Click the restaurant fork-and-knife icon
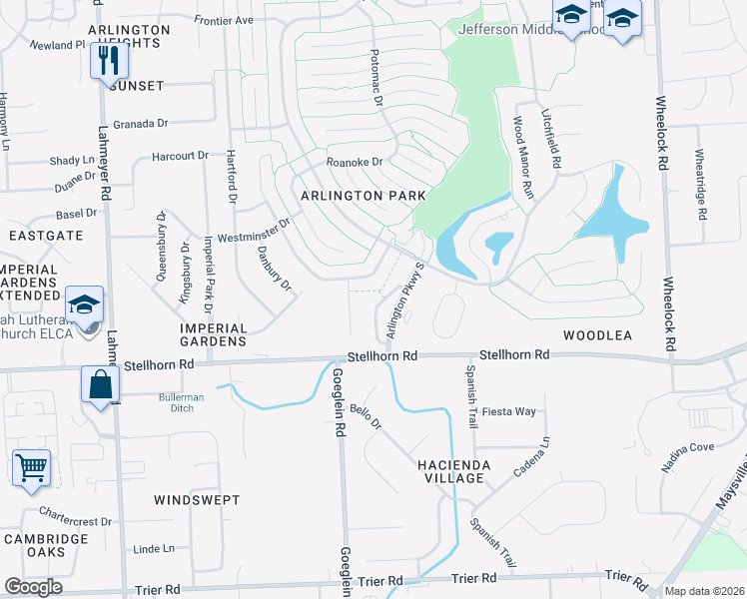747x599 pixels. pos(110,59)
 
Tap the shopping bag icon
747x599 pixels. pos(101,383)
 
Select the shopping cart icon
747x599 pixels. pos(31,466)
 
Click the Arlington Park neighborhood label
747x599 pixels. pos(359,196)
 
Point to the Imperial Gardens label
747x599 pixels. pos(213,334)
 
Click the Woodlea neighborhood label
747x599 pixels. pos(597,336)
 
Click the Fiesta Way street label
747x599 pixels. pos(508,411)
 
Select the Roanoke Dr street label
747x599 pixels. pos(355,162)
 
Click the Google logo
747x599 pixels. pos(34,587)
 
